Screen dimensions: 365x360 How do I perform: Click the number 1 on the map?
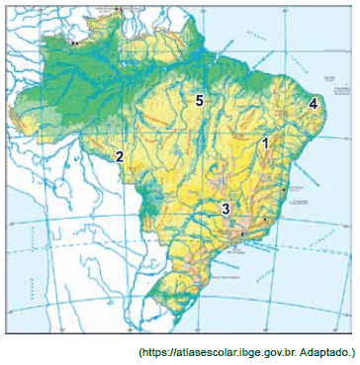coord(264,143)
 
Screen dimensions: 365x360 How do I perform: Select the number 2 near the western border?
coord(119,156)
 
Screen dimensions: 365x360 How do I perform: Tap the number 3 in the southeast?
coord(225,209)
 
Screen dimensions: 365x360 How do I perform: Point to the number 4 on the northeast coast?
coord(313,103)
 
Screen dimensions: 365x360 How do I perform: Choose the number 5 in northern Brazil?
coord(199,101)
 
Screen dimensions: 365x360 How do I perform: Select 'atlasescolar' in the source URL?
coord(206,352)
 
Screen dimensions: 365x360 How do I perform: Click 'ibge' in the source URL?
coord(248,352)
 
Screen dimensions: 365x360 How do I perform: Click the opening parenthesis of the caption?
coord(139,352)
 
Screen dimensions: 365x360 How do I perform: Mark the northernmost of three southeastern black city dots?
coord(284,189)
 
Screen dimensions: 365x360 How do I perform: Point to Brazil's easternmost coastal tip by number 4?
coord(325,112)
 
